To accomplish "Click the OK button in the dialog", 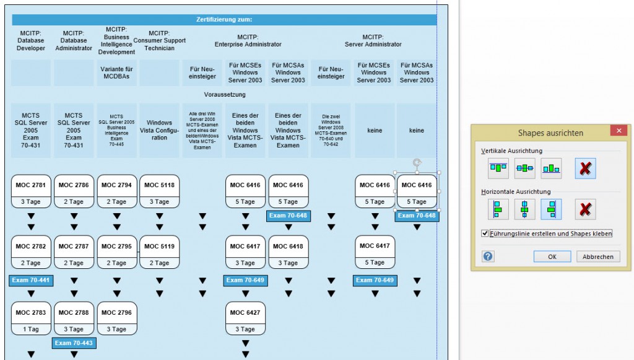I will [x=552, y=257].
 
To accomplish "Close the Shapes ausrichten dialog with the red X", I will [x=618, y=131].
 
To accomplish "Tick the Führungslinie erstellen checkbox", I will [x=485, y=234].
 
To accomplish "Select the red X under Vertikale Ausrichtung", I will [x=585, y=168].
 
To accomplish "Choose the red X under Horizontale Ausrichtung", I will [x=585, y=209].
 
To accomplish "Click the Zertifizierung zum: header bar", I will [x=224, y=20].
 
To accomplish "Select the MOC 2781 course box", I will [x=31, y=185].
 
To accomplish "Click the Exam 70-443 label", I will [x=74, y=343].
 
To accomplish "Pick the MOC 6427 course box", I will [x=246, y=313].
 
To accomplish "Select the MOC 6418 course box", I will [x=289, y=247].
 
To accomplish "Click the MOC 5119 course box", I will [x=160, y=247].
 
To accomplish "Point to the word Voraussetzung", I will [x=224, y=95].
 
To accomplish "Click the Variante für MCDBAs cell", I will [x=117, y=72].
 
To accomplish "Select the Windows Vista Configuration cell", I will [x=160, y=130].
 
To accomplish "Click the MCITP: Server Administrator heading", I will [x=373, y=40].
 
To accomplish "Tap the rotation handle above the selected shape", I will [x=417, y=163].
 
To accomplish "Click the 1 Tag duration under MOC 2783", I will [x=31, y=329].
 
